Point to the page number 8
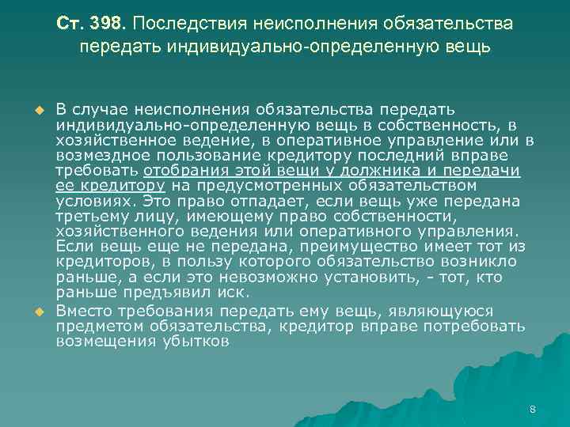tap(532, 410)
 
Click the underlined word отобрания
tap(179, 171)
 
